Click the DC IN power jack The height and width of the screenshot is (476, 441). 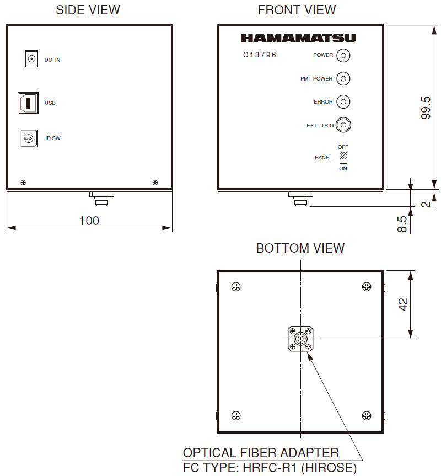click(31, 58)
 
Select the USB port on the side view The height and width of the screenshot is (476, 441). click(28, 103)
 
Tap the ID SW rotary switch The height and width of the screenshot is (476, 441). click(29, 138)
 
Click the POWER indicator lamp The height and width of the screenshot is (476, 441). click(343, 56)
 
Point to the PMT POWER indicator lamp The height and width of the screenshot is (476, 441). click(343, 79)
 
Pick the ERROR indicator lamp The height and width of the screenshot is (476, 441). click(343, 101)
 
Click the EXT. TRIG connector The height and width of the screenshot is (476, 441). click(343, 125)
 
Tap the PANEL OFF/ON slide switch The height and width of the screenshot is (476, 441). click(343, 158)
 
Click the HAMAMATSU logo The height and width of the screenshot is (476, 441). click(298, 38)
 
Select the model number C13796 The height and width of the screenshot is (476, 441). click(260, 55)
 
